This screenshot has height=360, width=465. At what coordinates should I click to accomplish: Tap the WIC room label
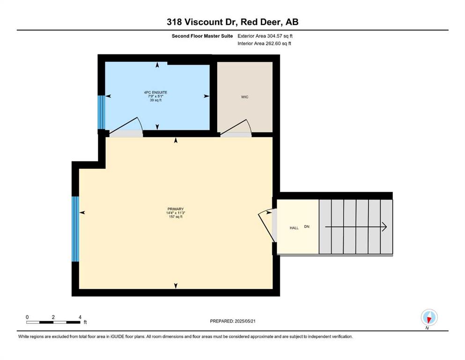[244, 97]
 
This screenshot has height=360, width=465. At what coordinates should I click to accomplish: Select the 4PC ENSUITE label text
[155, 92]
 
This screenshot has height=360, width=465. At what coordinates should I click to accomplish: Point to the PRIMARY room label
[176, 209]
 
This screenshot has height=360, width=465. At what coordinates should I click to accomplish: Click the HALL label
[294, 228]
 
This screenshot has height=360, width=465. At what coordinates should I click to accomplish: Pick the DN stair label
[307, 226]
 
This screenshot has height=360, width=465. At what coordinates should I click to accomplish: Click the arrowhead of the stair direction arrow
[384, 227]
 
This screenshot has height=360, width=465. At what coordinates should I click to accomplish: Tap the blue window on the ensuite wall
[102, 112]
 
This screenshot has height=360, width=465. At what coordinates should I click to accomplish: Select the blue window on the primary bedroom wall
[75, 229]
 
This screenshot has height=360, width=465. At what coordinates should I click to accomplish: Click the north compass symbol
[429, 318]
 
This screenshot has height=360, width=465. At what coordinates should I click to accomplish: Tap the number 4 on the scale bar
[80, 317]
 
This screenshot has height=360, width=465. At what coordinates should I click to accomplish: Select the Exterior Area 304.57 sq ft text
[265, 36]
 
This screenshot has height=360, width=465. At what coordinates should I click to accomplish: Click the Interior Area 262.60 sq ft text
[264, 43]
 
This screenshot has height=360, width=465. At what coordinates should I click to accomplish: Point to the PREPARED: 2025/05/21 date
[232, 321]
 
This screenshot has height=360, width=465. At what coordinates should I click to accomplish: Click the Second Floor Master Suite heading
[202, 36]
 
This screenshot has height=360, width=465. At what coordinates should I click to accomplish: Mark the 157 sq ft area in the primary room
[176, 217]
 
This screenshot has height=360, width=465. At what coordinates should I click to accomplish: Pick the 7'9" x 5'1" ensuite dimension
[155, 96]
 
